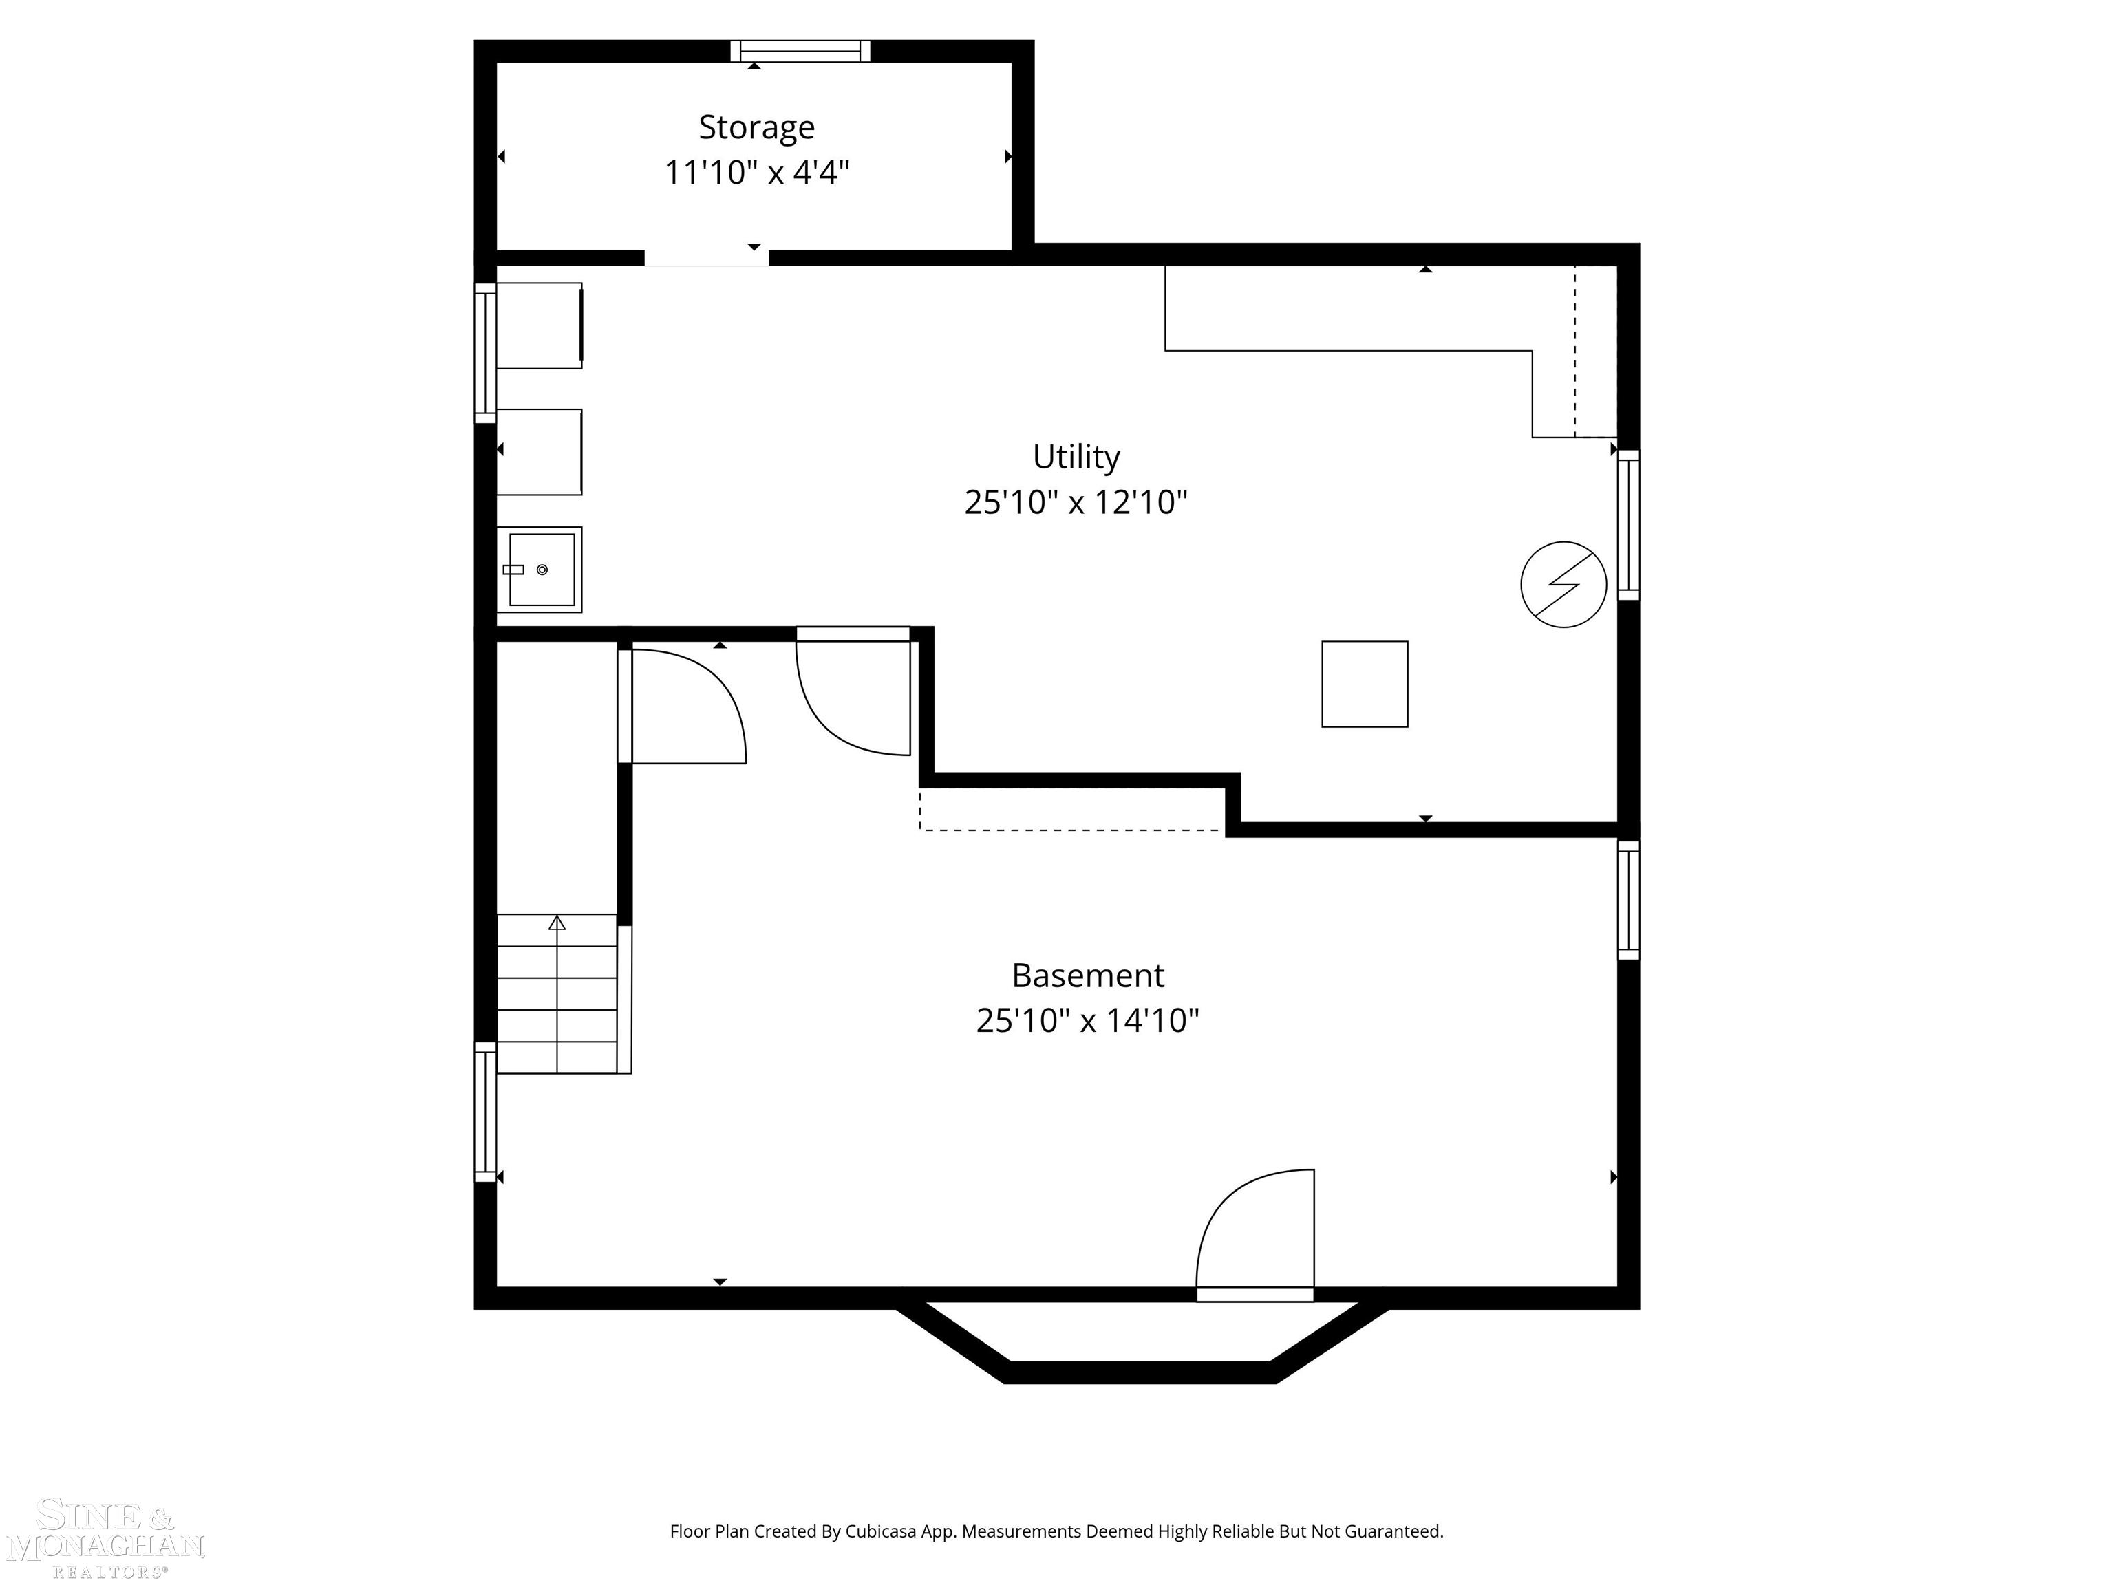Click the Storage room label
756,127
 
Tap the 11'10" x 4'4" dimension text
756,173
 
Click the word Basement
1087,975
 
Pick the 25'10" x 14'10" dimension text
1087,1020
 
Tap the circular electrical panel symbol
1563,585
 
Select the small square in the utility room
1364,684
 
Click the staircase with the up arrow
557,993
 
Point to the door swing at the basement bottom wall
1254,1233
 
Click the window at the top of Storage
800,51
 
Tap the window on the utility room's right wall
1628,526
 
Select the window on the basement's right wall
1628,899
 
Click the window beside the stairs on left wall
486,1112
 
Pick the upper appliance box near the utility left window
539,325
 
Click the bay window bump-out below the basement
1141,1347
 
